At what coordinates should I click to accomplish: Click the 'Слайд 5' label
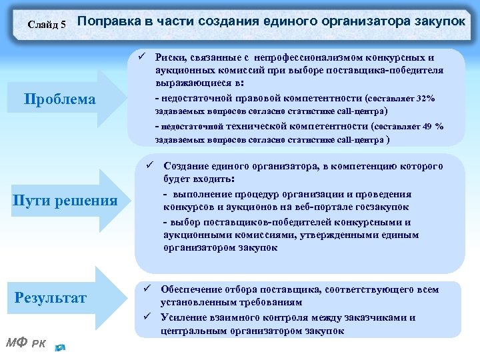coord(47,25)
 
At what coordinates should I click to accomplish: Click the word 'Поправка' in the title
coord(108,23)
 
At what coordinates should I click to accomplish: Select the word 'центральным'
coord(190,330)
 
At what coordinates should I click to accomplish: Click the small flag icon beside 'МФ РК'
coord(61,347)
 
